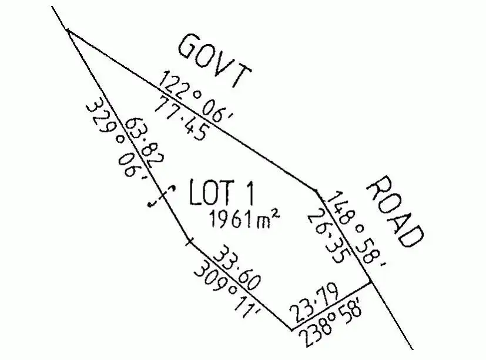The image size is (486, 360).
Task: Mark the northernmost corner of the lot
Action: (x=68, y=30)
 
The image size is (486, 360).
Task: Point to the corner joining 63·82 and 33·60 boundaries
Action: (x=188, y=241)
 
